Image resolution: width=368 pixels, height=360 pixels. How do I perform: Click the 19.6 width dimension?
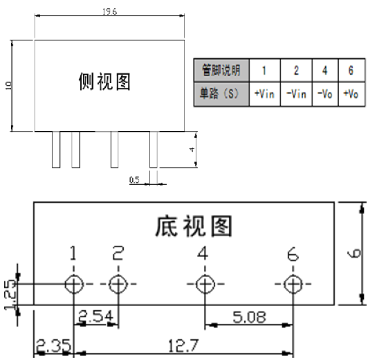109,11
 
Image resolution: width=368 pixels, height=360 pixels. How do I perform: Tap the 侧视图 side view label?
104,81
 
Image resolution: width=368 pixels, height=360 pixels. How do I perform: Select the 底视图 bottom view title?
194,226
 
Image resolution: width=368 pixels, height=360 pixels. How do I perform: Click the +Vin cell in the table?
264,94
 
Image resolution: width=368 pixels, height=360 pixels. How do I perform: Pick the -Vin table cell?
296,94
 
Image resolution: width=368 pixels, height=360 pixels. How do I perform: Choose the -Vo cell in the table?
325,94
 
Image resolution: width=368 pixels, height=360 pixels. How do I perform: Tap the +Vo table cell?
351,94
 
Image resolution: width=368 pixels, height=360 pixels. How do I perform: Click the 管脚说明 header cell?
221,70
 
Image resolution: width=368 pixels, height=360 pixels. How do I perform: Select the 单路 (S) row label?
221,94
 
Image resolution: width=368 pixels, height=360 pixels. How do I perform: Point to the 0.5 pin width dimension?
134,180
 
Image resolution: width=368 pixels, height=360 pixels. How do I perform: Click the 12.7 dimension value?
183,345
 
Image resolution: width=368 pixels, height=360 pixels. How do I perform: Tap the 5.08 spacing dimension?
249,317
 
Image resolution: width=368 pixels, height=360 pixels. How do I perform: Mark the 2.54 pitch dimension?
95,316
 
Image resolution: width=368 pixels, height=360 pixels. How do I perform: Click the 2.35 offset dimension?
53,345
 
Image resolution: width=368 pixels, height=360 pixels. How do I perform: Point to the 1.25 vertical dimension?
10,295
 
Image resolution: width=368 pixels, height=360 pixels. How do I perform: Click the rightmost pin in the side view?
154,150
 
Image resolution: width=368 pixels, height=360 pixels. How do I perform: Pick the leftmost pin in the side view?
56,150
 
